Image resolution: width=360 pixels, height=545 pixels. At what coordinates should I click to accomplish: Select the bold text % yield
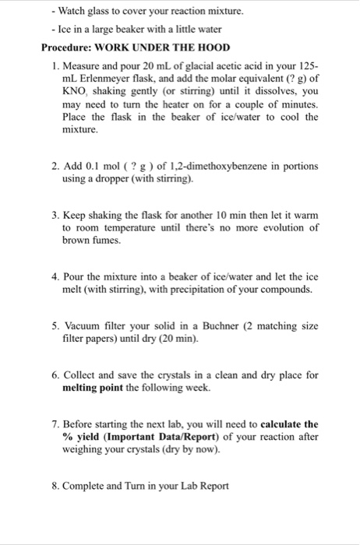(82, 437)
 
